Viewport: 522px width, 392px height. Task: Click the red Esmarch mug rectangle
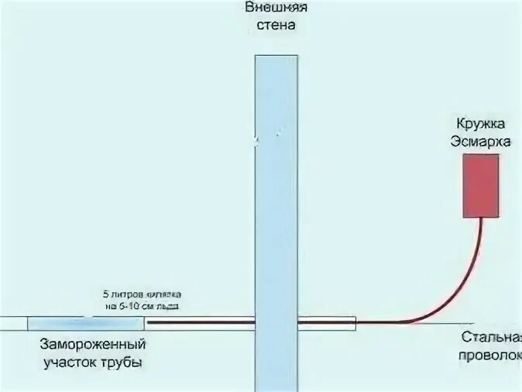pyautogui.click(x=482, y=185)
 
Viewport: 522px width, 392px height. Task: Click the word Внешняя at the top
pyautogui.click(x=276, y=8)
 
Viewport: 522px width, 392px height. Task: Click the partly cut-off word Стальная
pyautogui.click(x=491, y=338)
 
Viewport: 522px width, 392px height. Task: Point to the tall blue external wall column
pyautogui.click(x=276, y=194)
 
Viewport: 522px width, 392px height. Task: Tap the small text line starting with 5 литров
pyautogui.click(x=142, y=294)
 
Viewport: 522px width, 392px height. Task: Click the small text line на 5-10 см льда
pyautogui.click(x=142, y=305)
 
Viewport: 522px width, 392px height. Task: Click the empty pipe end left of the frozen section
pyautogui.click(x=13, y=322)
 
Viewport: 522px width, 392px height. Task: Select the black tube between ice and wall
pyautogui.click(x=201, y=321)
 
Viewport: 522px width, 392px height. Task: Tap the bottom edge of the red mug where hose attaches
pyautogui.click(x=482, y=217)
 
